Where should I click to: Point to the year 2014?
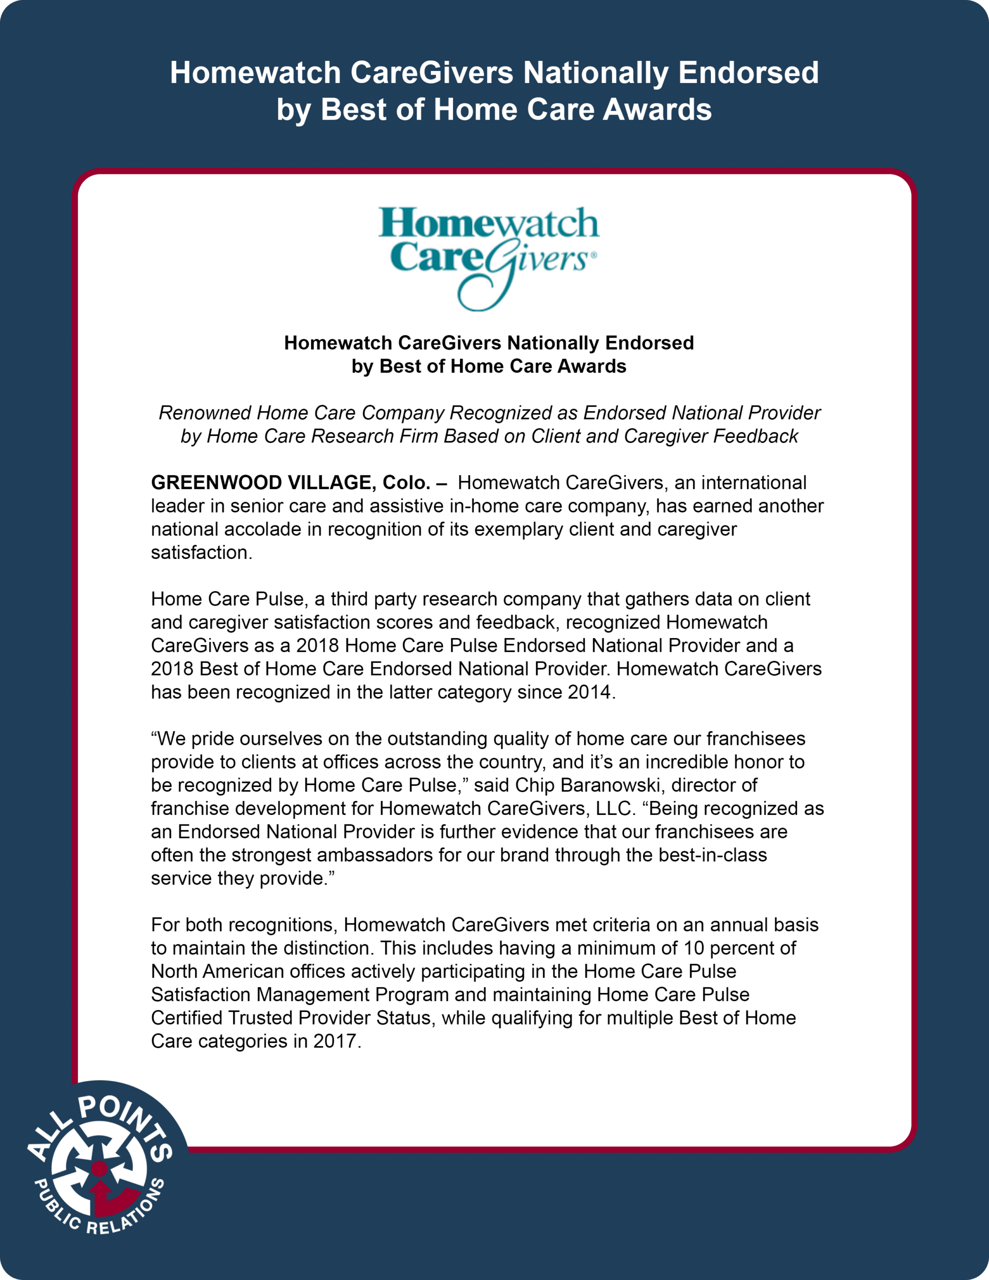click(590, 691)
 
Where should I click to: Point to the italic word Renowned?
click(205, 412)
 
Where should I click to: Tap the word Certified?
click(187, 1017)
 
